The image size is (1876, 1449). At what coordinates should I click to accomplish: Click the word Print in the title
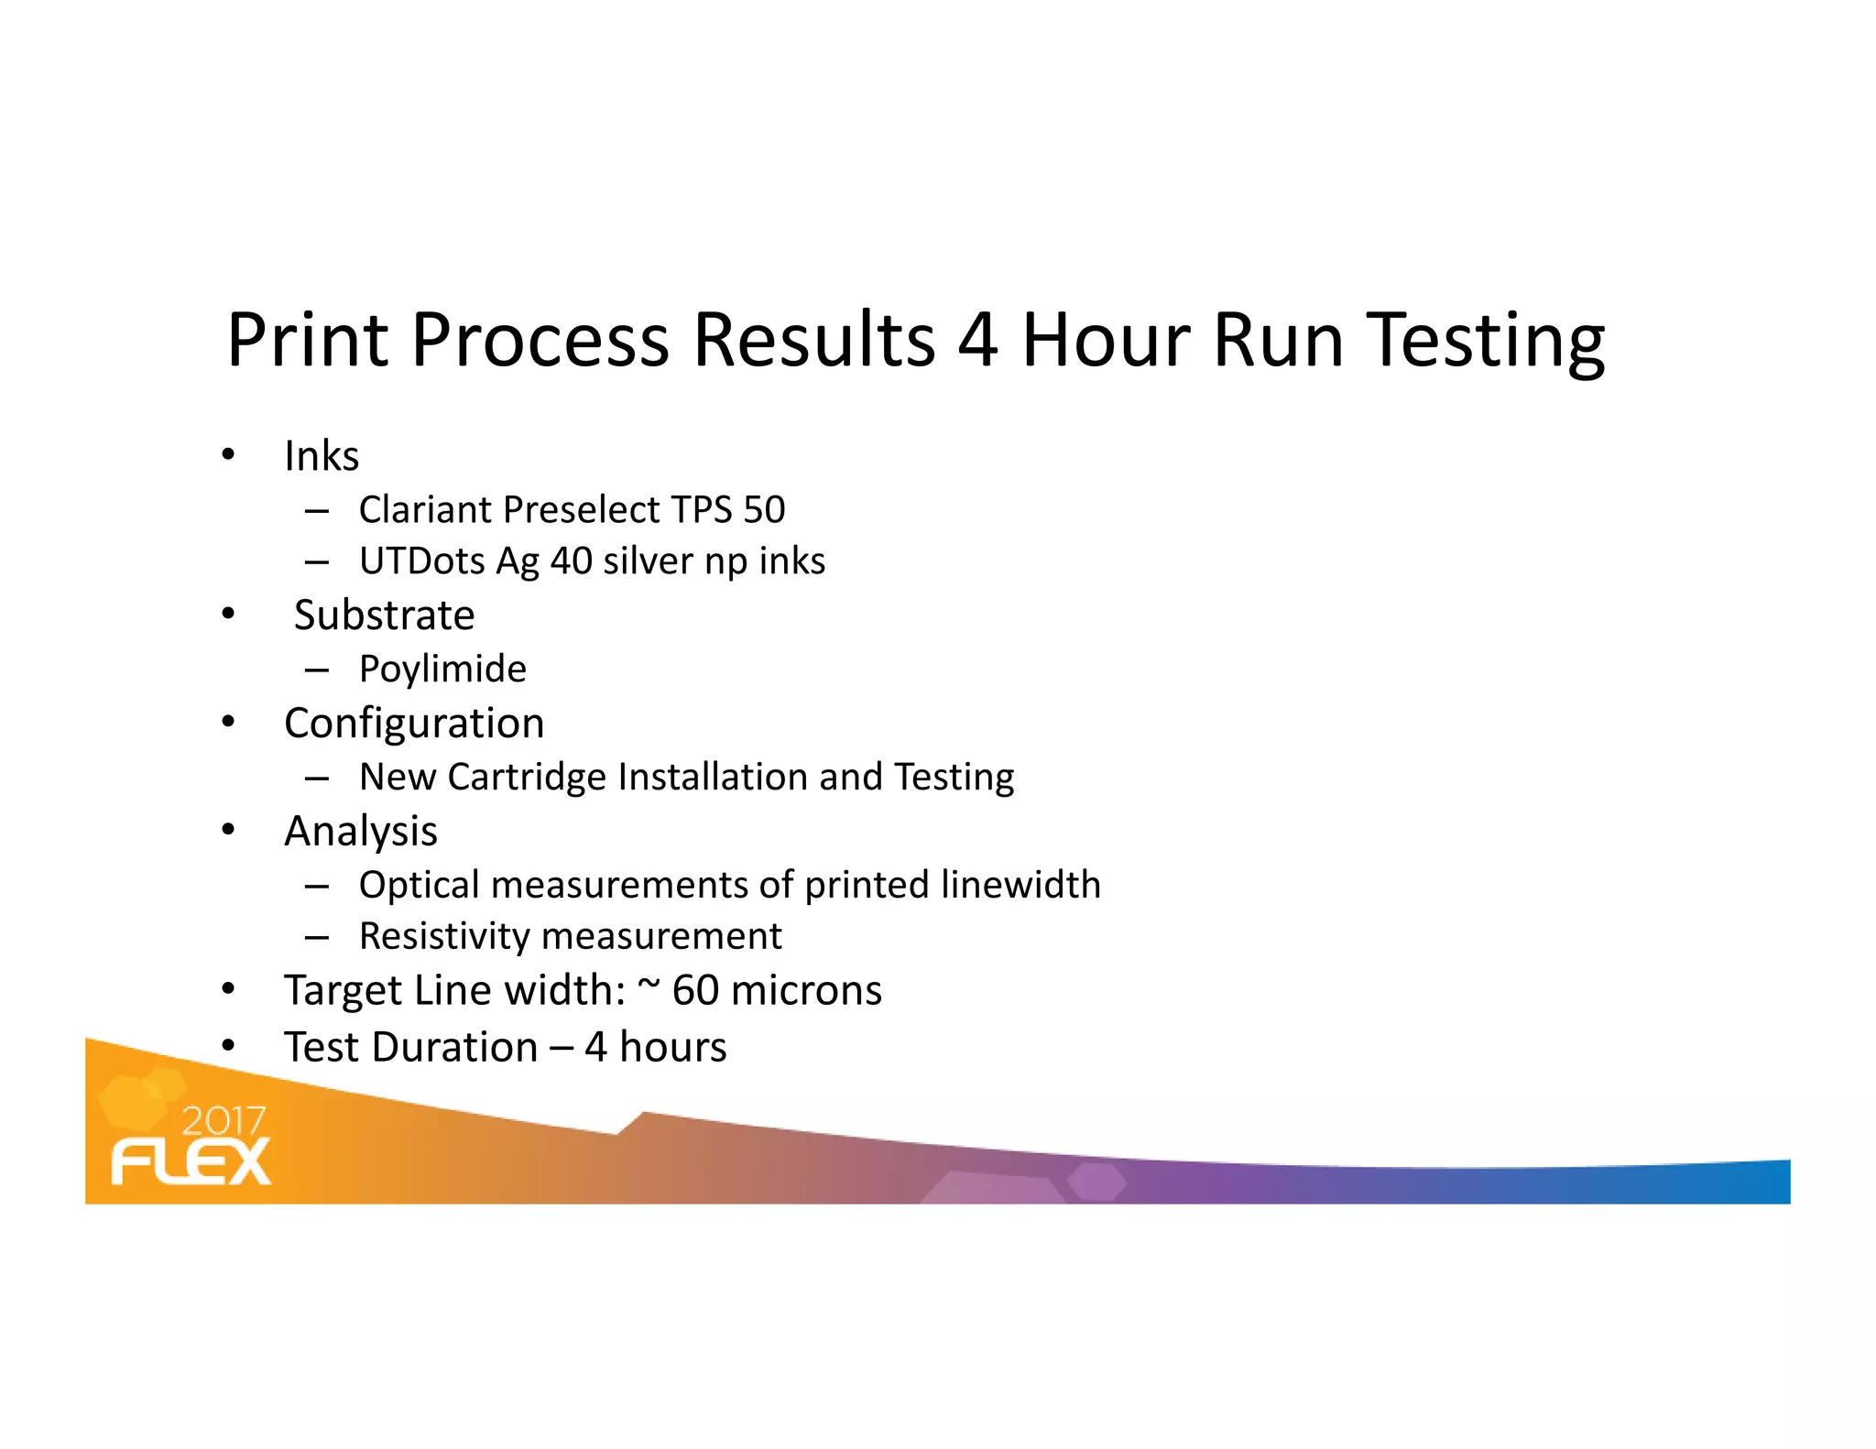click(308, 341)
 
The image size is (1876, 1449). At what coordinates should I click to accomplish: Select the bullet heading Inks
click(321, 456)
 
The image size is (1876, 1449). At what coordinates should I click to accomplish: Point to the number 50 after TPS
click(764, 509)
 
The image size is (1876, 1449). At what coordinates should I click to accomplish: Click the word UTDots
click(421, 561)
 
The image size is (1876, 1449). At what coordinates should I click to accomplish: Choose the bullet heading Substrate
click(384, 615)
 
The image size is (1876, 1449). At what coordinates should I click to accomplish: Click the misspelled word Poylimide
click(442, 670)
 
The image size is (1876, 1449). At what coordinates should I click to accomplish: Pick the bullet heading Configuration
click(414, 724)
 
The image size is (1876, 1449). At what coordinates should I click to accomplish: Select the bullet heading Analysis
click(361, 832)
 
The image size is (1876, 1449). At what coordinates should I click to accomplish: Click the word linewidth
click(1020, 885)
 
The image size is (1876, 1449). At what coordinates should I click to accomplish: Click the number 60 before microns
click(695, 991)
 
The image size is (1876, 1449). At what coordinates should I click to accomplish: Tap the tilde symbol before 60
click(649, 985)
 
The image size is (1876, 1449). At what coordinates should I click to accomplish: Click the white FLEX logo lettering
click(191, 1162)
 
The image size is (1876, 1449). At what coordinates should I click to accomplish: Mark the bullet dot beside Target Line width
click(228, 990)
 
